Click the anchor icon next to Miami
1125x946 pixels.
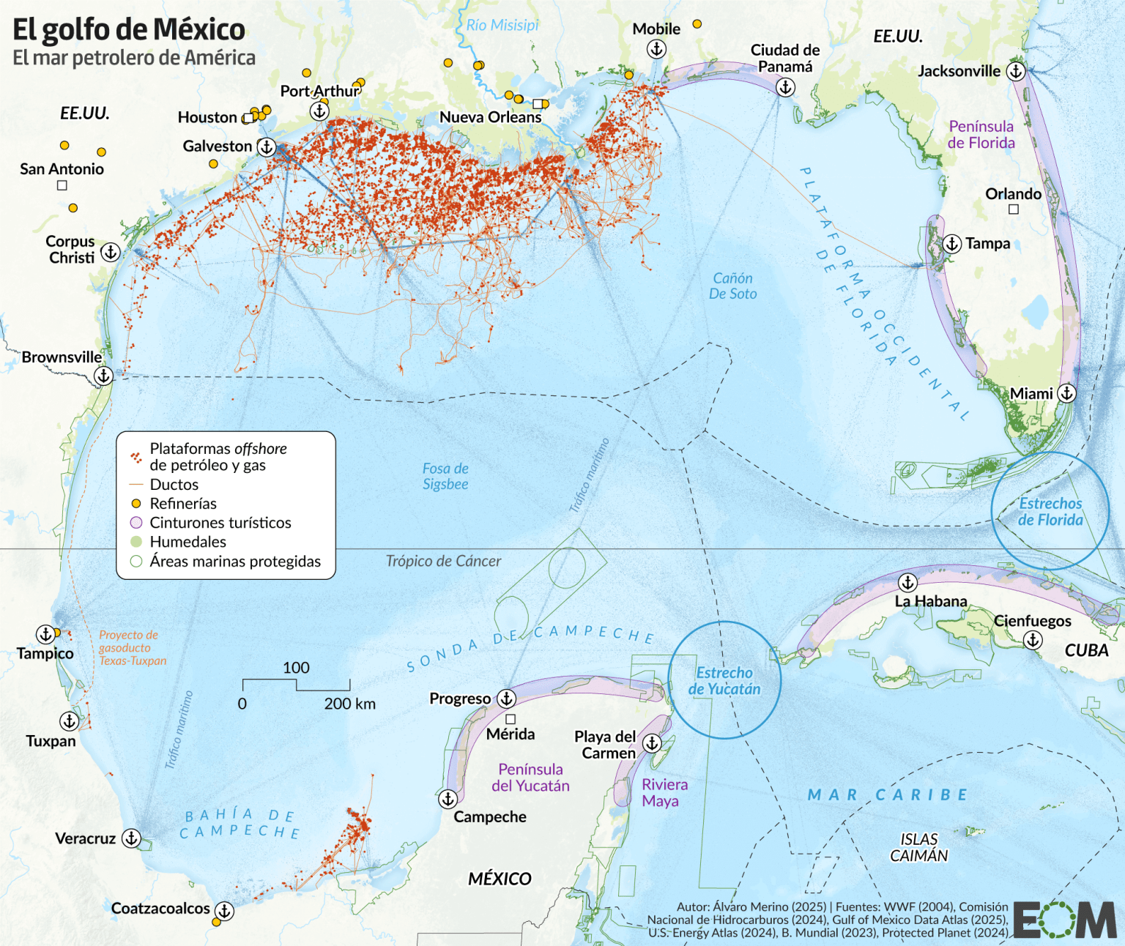point(1067,393)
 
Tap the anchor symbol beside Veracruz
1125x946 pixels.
point(131,838)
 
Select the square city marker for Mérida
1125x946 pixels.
point(510,719)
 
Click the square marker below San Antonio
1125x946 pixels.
point(62,185)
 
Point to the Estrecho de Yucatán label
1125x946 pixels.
point(724,681)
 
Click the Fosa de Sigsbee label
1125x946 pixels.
point(445,476)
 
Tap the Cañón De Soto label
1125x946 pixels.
point(732,286)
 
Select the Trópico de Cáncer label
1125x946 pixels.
point(443,561)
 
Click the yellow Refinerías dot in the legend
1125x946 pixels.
point(135,504)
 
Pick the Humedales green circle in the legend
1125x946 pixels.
point(135,542)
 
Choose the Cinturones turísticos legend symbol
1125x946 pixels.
point(135,523)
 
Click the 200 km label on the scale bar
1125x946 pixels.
point(349,704)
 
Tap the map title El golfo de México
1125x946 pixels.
point(129,29)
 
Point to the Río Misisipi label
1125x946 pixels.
point(502,25)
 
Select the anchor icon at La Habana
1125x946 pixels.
point(907,583)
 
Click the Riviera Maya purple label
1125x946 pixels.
point(664,793)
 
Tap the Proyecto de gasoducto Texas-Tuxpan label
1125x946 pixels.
point(133,648)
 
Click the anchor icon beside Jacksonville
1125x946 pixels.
point(1015,71)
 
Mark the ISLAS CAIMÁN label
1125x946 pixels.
point(918,848)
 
